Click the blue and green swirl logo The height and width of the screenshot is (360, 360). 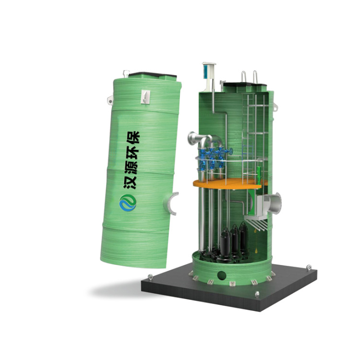[128, 203]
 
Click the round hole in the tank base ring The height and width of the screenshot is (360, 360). [222, 275]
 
